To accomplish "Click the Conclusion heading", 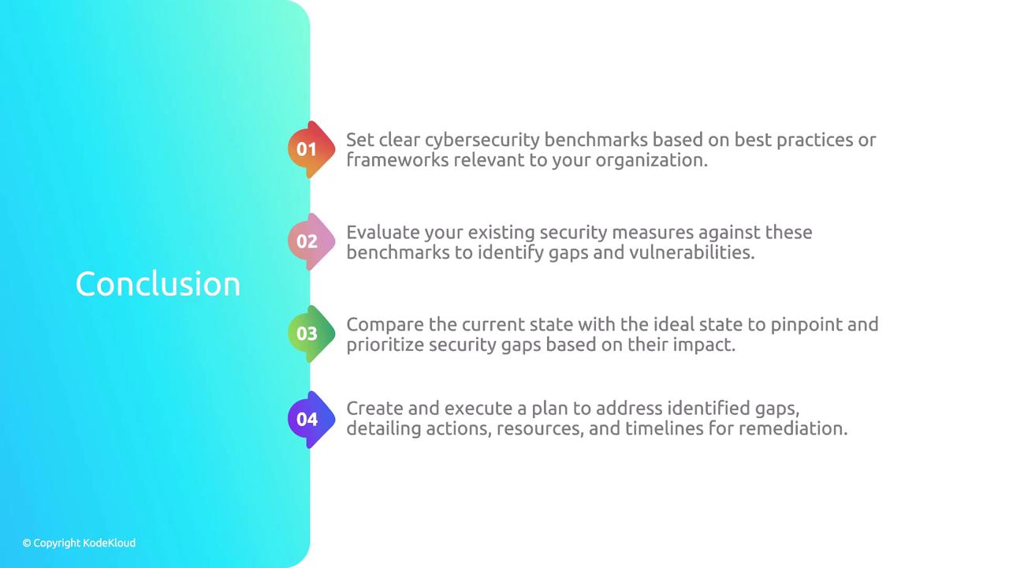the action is (158, 284).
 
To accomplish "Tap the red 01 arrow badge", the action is (311, 149).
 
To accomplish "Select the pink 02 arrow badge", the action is (311, 241).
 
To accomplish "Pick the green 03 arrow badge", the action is (311, 334).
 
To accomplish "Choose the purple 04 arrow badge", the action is (311, 420).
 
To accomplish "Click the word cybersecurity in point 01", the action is (482, 140).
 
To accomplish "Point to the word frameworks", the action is (397, 160).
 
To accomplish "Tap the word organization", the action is (652, 161).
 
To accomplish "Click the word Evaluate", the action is (383, 232).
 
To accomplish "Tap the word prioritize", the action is (385, 346).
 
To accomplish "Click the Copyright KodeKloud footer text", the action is (79, 544).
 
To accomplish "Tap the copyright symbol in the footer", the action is (27, 544).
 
